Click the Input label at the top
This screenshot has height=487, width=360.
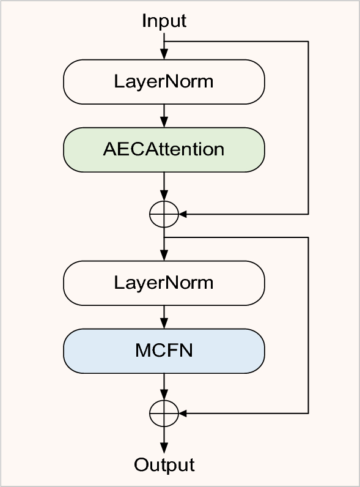point(164,21)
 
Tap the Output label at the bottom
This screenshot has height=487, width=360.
point(164,465)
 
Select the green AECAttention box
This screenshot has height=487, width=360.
point(164,149)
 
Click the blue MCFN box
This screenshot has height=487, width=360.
point(164,351)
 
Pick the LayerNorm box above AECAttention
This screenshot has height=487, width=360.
point(164,81)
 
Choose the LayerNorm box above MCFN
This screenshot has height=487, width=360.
point(164,282)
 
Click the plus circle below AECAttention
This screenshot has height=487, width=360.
point(164,214)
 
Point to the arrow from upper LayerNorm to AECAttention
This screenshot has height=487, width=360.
point(164,114)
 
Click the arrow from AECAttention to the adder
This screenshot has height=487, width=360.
point(164,185)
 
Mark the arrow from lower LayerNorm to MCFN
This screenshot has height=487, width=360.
point(164,316)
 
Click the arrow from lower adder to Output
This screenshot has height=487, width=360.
point(164,441)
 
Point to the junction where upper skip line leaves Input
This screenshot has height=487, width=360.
point(164,42)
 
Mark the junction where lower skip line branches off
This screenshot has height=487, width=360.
point(164,237)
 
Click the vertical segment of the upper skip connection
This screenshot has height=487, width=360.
point(308,128)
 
